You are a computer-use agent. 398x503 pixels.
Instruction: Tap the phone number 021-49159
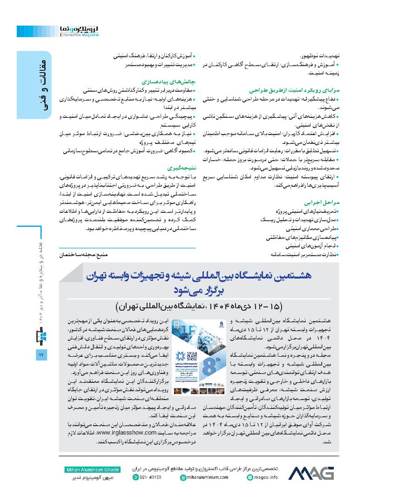[x=148, y=477]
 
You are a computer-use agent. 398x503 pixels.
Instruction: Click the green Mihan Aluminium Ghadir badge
[x=90, y=469]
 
